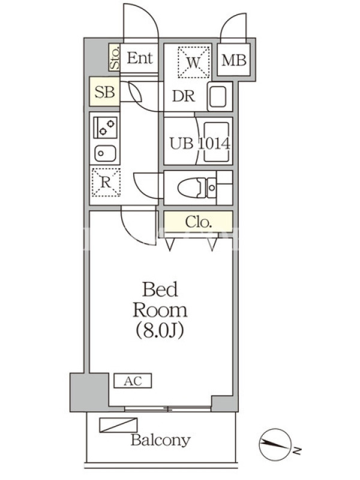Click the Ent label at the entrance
point(140,58)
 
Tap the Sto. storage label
point(114,58)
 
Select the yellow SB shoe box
point(105,92)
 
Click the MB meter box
point(234,60)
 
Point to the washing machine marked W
point(193,61)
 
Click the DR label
point(183,97)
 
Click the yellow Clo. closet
point(198,221)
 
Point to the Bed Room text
point(160,300)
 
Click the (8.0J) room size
point(160,330)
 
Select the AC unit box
point(133,380)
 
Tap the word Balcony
point(160,440)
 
